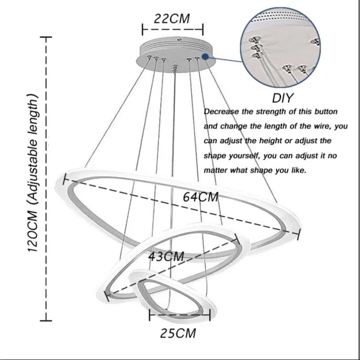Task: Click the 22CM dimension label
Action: pos(171,19)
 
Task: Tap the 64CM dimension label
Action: pos(200,197)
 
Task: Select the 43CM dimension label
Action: pos(166,256)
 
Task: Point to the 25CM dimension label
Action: pos(178,333)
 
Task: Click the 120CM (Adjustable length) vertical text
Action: pos(32,172)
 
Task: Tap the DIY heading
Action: pos(282,98)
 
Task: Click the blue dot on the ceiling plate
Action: pos(205,56)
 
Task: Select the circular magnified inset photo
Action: pos(280,47)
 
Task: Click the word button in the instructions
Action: pos(326,112)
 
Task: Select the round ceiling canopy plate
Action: pos(175,54)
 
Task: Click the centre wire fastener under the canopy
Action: pos(175,68)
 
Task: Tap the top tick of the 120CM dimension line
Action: pos(46,36)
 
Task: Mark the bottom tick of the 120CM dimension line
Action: pos(46,320)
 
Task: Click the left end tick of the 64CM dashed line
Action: pos(64,179)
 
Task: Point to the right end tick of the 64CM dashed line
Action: pos(298,234)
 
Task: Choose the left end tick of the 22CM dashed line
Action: pos(142,29)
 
